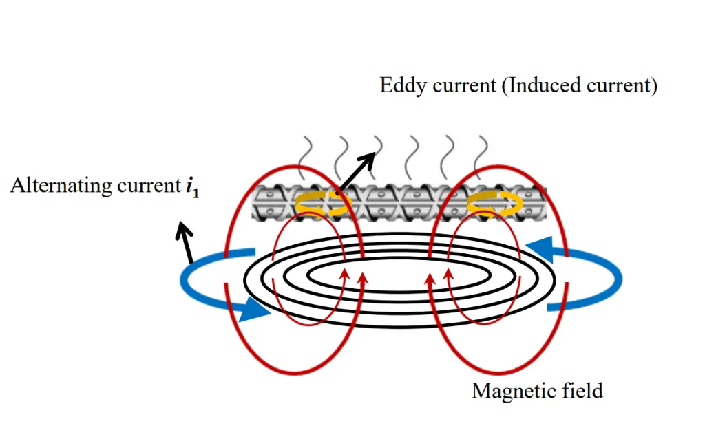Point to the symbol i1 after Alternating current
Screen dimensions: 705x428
(x=192, y=186)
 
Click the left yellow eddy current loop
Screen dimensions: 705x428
(x=322, y=203)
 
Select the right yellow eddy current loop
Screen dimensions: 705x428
(x=494, y=203)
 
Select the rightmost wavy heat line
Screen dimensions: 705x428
(x=481, y=158)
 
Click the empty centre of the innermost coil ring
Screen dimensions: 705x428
(x=399, y=278)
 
